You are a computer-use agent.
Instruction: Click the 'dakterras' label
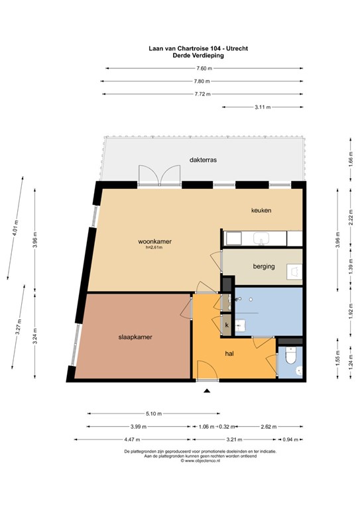(203, 160)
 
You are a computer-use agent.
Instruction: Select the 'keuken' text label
(261, 210)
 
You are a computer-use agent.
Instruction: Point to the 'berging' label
(264, 267)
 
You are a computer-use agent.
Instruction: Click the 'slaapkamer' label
(136, 337)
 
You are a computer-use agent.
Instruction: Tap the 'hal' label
(229, 354)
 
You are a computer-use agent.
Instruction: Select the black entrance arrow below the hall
(208, 391)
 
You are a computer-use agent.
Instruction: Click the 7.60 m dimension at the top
(204, 69)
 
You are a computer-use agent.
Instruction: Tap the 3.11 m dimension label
(263, 107)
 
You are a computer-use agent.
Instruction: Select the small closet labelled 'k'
(227, 325)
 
